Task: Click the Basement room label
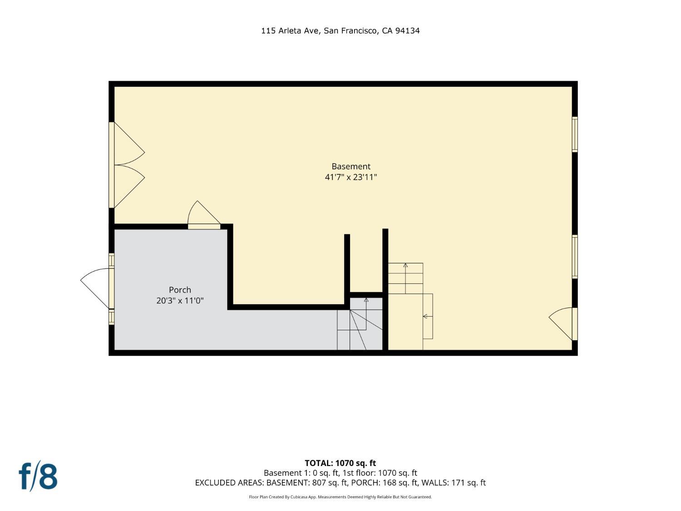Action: pos(351,166)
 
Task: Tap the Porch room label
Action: pos(180,290)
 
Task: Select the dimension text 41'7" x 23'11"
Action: pos(351,177)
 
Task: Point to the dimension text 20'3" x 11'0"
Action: pos(180,301)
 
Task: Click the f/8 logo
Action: pos(38,477)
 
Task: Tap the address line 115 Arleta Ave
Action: pos(291,31)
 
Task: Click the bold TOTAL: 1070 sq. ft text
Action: pos(340,463)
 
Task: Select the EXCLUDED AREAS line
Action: pos(340,483)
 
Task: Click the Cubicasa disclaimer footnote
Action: pos(340,497)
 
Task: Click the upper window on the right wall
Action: pos(575,134)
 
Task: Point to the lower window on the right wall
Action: pos(575,257)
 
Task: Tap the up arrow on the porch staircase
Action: pos(366,314)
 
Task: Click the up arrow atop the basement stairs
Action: pos(405,278)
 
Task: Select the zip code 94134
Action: pos(407,31)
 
